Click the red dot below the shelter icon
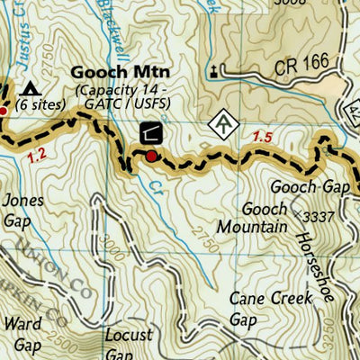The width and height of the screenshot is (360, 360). (x=151, y=157)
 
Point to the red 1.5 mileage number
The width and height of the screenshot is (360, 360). (x=263, y=136)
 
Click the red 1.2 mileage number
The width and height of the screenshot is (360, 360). (x=37, y=155)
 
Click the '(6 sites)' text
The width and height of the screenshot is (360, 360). (x=40, y=104)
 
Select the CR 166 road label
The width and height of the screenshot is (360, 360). (x=247, y=66)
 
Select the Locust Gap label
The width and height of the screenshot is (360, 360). (x=128, y=343)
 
